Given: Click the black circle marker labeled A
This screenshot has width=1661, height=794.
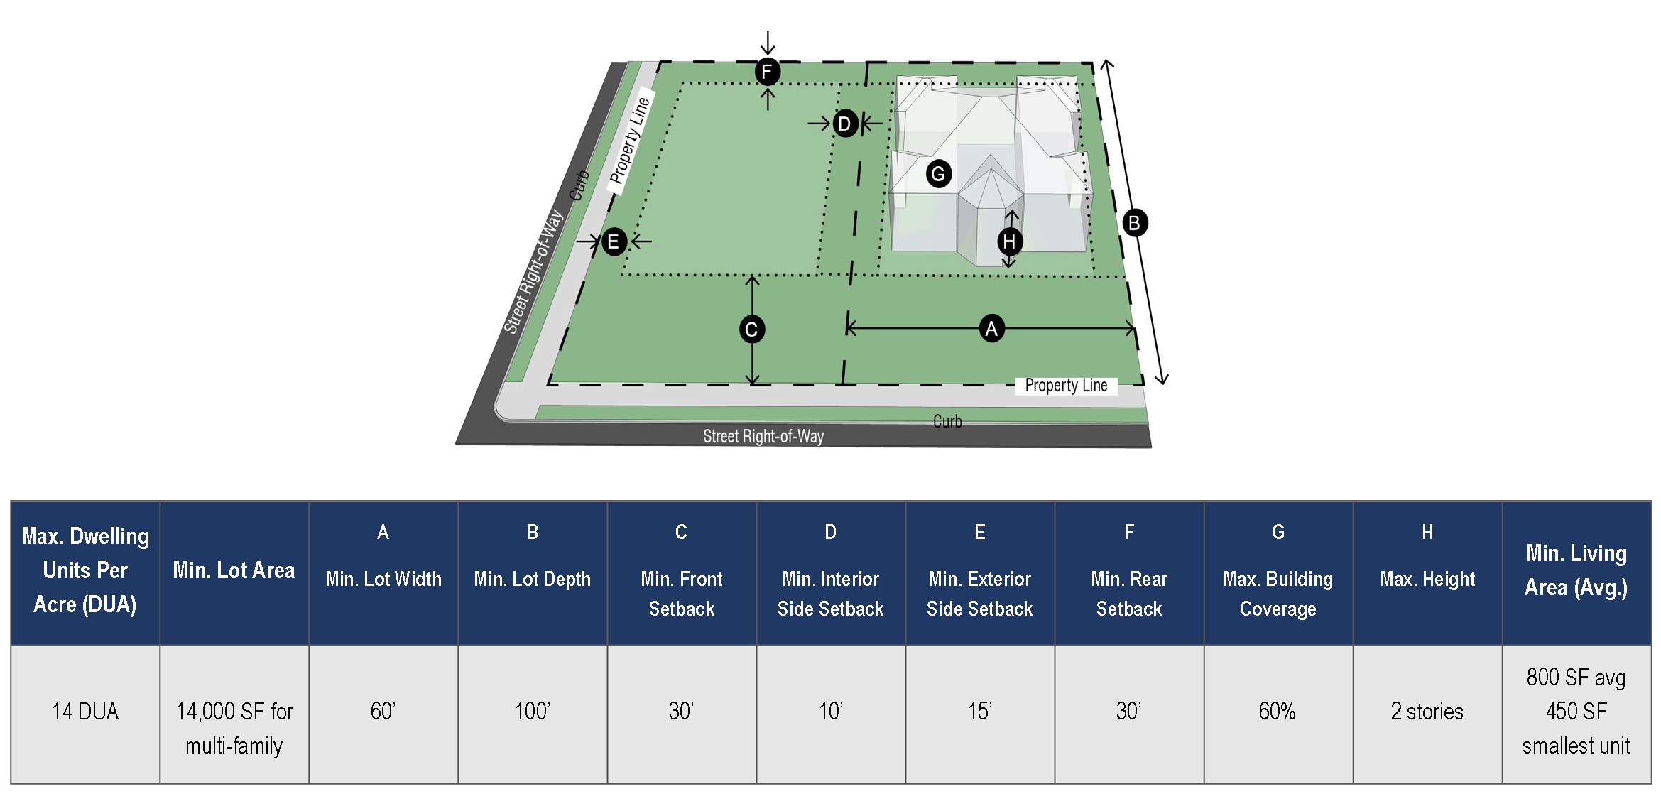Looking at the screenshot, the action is pyautogui.click(x=991, y=329).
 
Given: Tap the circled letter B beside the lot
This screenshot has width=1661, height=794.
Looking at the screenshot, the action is pyautogui.click(x=1134, y=223).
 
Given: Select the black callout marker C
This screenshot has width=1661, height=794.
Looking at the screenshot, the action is pyautogui.click(x=751, y=330).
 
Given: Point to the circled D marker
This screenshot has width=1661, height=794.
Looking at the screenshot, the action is pyautogui.click(x=844, y=124).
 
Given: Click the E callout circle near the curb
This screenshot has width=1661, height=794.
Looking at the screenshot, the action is pyautogui.click(x=614, y=242).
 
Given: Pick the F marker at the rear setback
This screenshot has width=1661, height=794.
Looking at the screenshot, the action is pyautogui.click(x=767, y=72).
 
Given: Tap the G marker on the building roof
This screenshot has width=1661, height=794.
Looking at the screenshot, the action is pyautogui.click(x=938, y=174).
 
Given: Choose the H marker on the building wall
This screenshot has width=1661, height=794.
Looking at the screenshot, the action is pyautogui.click(x=1009, y=241).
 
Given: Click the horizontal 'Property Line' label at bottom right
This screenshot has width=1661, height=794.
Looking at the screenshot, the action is pyautogui.click(x=1066, y=386).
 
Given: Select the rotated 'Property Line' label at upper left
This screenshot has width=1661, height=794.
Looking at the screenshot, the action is pyautogui.click(x=630, y=141).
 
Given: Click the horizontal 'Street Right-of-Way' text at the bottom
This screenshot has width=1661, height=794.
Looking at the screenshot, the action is pyautogui.click(x=763, y=436).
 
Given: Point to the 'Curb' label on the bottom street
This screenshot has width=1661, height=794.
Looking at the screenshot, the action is pyautogui.click(x=947, y=421).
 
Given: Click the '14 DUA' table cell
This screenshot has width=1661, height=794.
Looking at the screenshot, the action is pyautogui.click(x=85, y=712).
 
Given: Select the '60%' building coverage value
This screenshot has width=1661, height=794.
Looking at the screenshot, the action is pyautogui.click(x=1277, y=712).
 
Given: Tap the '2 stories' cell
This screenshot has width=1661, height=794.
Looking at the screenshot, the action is pyautogui.click(x=1427, y=712).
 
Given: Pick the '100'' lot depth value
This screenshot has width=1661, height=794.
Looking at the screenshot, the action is pyautogui.click(x=532, y=712).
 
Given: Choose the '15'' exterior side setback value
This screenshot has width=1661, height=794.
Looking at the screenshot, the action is pyautogui.click(x=979, y=712).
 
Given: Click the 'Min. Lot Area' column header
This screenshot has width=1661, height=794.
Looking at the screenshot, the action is pyautogui.click(x=234, y=570).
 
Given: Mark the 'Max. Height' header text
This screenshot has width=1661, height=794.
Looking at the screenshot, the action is pyautogui.click(x=1427, y=580).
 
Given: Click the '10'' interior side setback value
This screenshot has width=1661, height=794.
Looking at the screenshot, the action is pyautogui.click(x=830, y=712).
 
